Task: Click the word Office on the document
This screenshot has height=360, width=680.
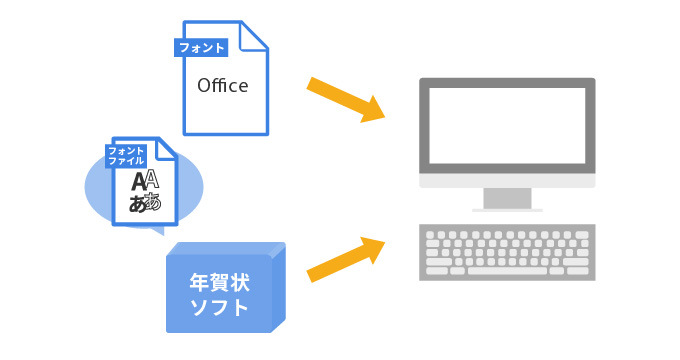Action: [x=222, y=86]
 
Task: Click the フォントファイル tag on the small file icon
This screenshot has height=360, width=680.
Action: [x=127, y=156]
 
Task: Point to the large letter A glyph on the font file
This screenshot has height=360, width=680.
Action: [x=140, y=181]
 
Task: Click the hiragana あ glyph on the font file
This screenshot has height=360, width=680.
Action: [x=139, y=204]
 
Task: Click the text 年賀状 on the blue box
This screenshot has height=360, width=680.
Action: [x=219, y=281]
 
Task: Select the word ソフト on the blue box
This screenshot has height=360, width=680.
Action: [x=219, y=306]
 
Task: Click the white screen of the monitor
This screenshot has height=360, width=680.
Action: [x=506, y=126]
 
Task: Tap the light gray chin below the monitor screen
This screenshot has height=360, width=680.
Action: [x=506, y=181]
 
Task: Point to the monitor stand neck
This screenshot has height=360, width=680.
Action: [x=506, y=198]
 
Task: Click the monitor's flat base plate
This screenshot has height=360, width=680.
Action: [x=506, y=210]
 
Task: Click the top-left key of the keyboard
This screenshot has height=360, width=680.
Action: [x=432, y=234]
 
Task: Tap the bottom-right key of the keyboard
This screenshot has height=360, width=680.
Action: [x=582, y=270]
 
